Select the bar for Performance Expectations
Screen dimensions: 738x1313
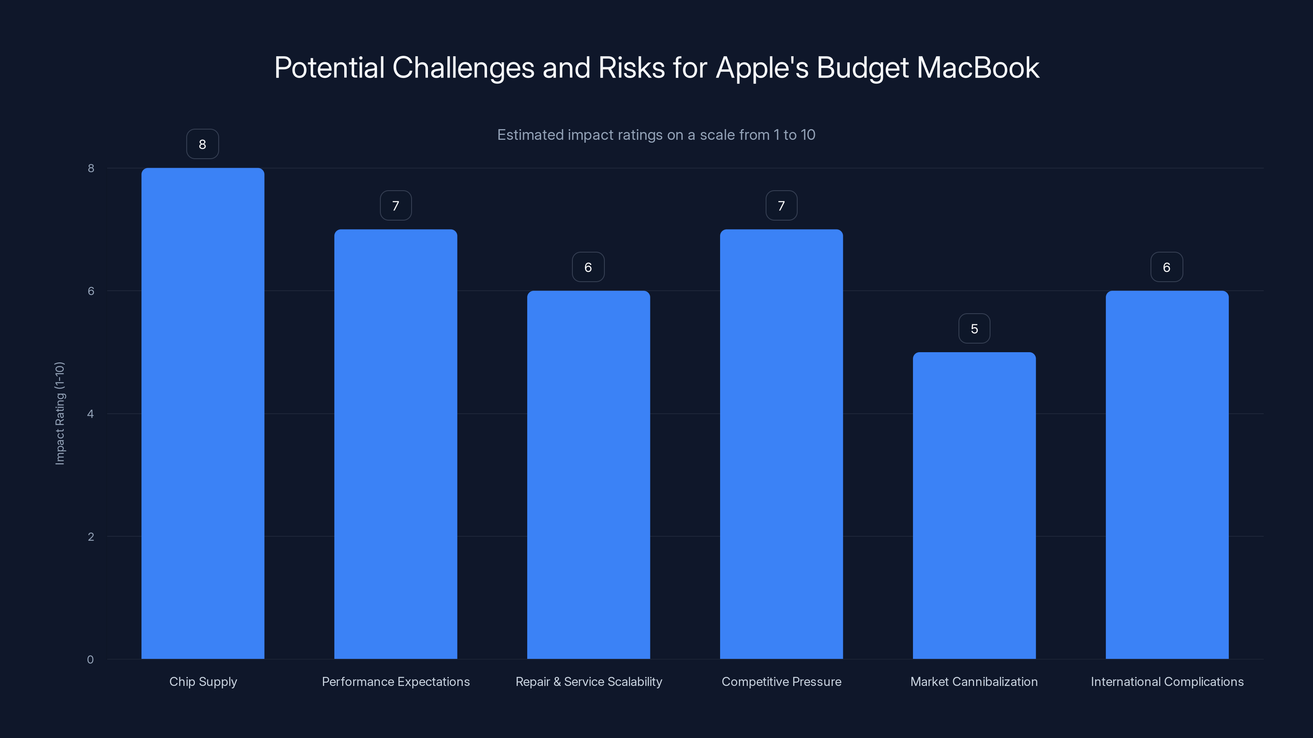[396, 444]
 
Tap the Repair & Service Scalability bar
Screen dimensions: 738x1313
[588, 474]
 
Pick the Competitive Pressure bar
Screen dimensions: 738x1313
[781, 444]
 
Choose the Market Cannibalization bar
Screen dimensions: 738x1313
[974, 505]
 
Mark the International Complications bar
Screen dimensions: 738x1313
[1167, 474]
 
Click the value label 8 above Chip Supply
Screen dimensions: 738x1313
[202, 144]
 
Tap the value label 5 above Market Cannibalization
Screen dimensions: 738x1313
[974, 328]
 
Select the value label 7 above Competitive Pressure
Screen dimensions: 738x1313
[781, 206]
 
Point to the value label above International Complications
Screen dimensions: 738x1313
[1166, 267]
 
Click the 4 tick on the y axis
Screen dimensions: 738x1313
[91, 414]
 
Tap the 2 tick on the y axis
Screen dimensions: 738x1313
[91, 536]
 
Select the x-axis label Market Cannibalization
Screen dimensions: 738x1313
[974, 681]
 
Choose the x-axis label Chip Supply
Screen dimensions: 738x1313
[203, 681]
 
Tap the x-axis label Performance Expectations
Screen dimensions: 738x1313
[396, 681]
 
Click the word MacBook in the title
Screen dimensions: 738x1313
[979, 68]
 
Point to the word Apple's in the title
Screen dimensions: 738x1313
[762, 68]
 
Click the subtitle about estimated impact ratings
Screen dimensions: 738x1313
[656, 135]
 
